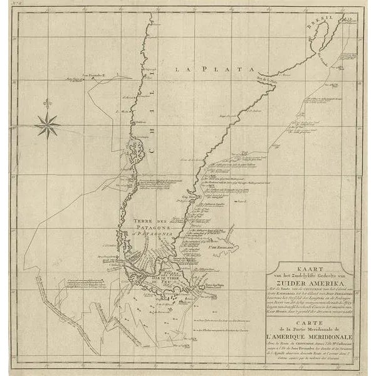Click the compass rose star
(x=47, y=125)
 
